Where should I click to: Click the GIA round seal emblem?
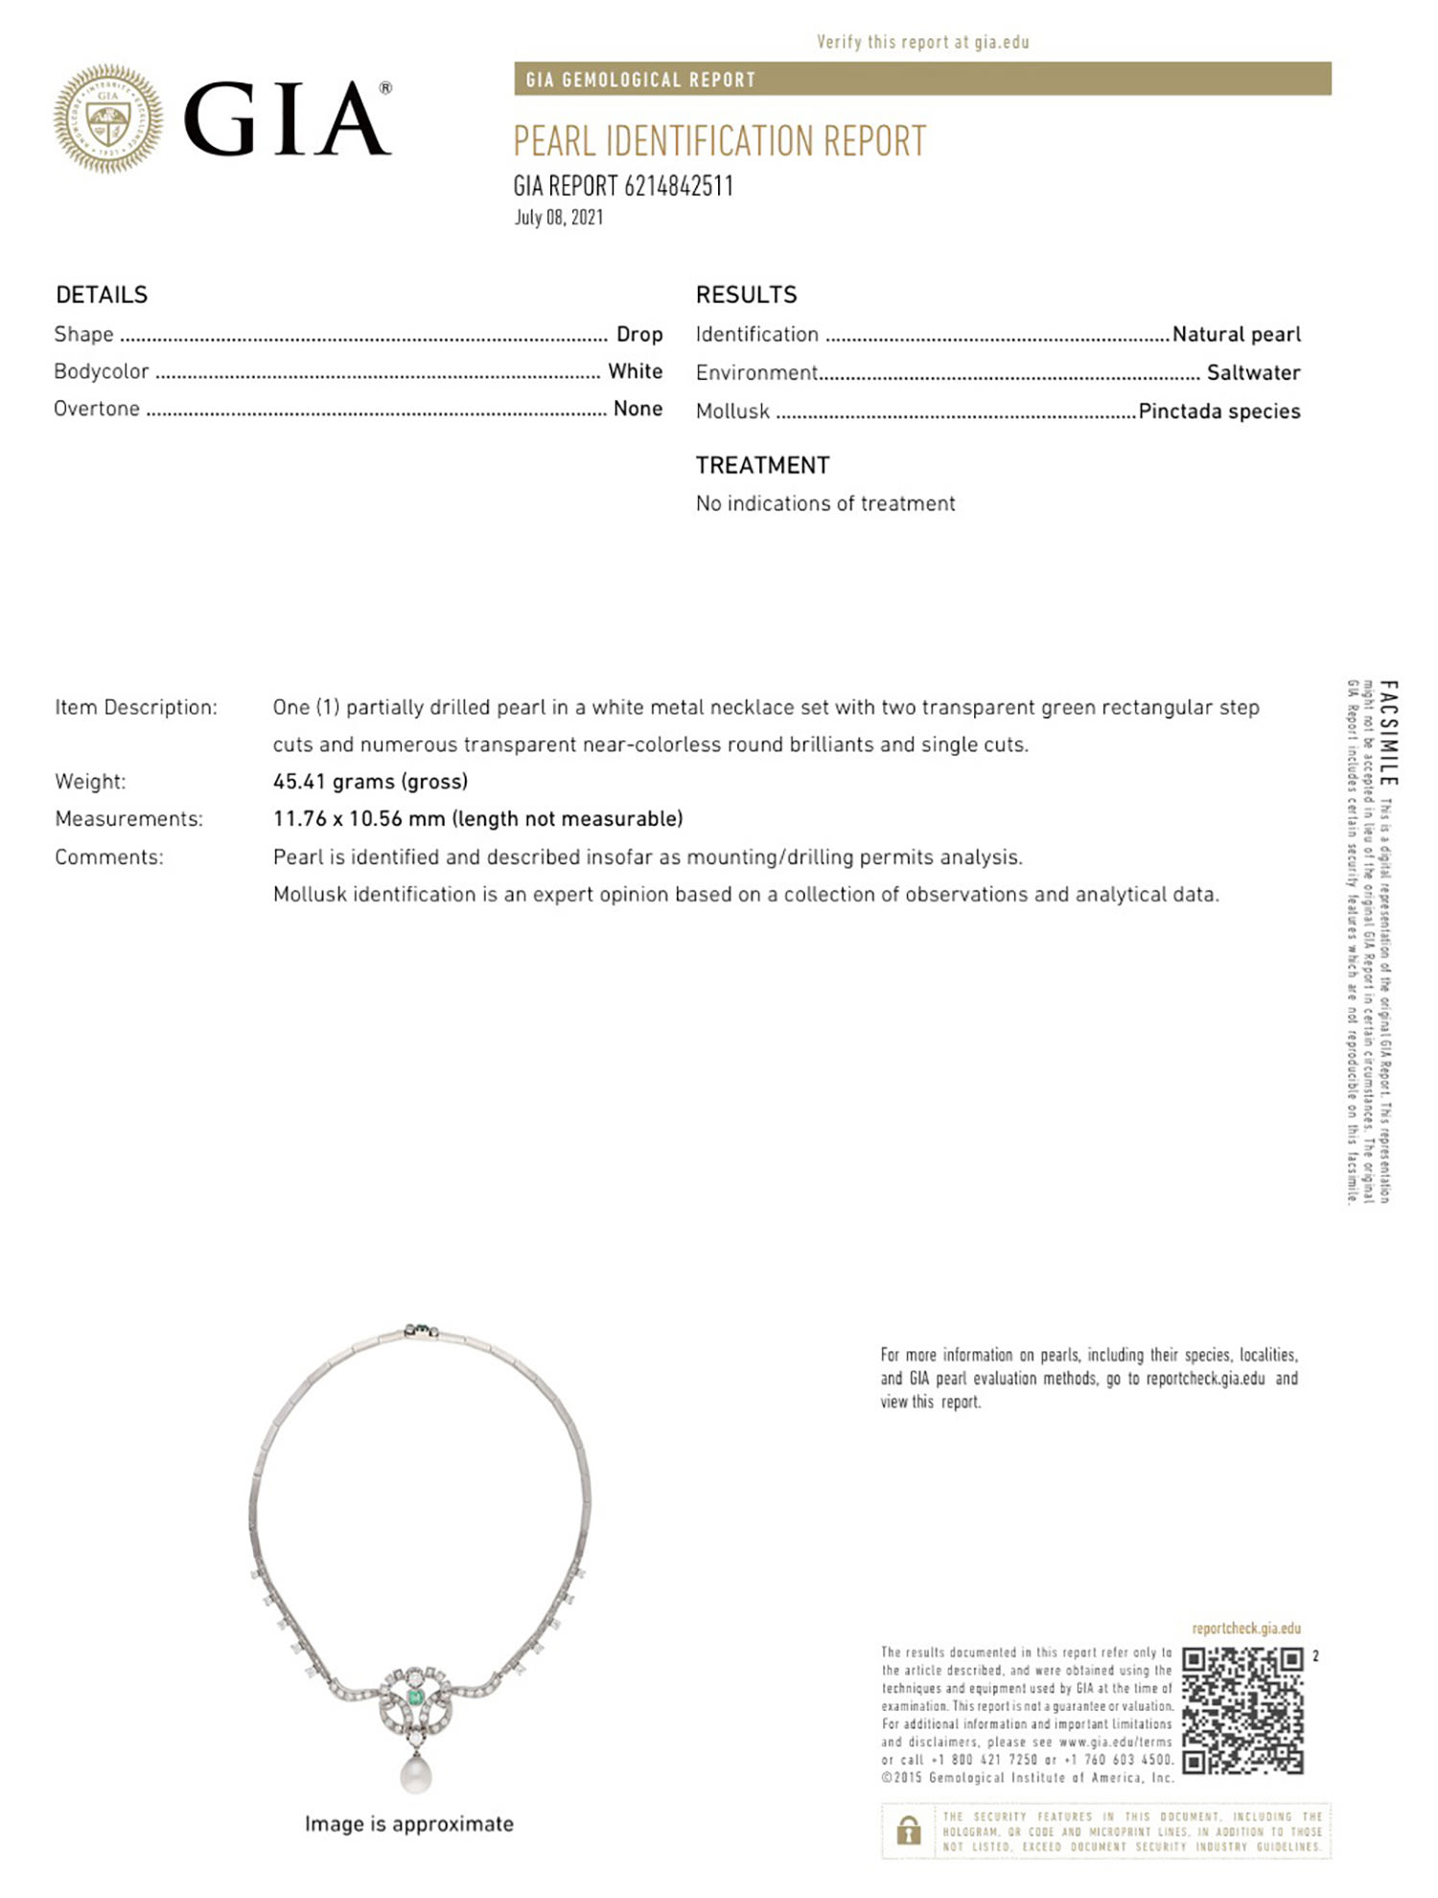click(107, 119)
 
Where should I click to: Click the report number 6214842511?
click(678, 186)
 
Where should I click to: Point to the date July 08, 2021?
click(559, 218)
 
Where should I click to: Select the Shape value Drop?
click(639, 335)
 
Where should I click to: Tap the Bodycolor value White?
click(635, 371)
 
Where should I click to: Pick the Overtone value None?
click(638, 409)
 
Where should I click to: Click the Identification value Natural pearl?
click(1236, 335)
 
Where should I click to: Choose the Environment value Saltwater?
click(1253, 373)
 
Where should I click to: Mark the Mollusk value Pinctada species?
click(1218, 411)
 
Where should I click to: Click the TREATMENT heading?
click(762, 465)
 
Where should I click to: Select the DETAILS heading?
click(102, 294)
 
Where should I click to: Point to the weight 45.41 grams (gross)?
click(370, 782)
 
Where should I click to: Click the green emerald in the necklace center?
click(416, 1699)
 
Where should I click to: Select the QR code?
click(1242, 1711)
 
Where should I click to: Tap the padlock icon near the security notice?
click(907, 1831)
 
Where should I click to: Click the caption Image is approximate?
click(408, 1824)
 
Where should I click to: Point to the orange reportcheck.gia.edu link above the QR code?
click(1246, 1629)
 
